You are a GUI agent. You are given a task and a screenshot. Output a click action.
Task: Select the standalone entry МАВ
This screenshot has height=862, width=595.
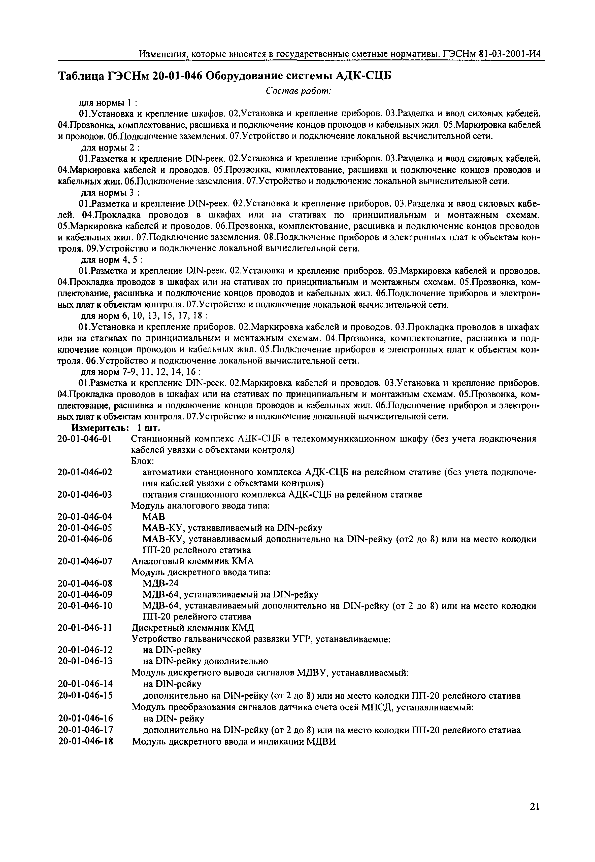click(154, 517)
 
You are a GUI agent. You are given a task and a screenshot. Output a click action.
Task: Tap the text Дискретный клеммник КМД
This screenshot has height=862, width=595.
click(193, 628)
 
